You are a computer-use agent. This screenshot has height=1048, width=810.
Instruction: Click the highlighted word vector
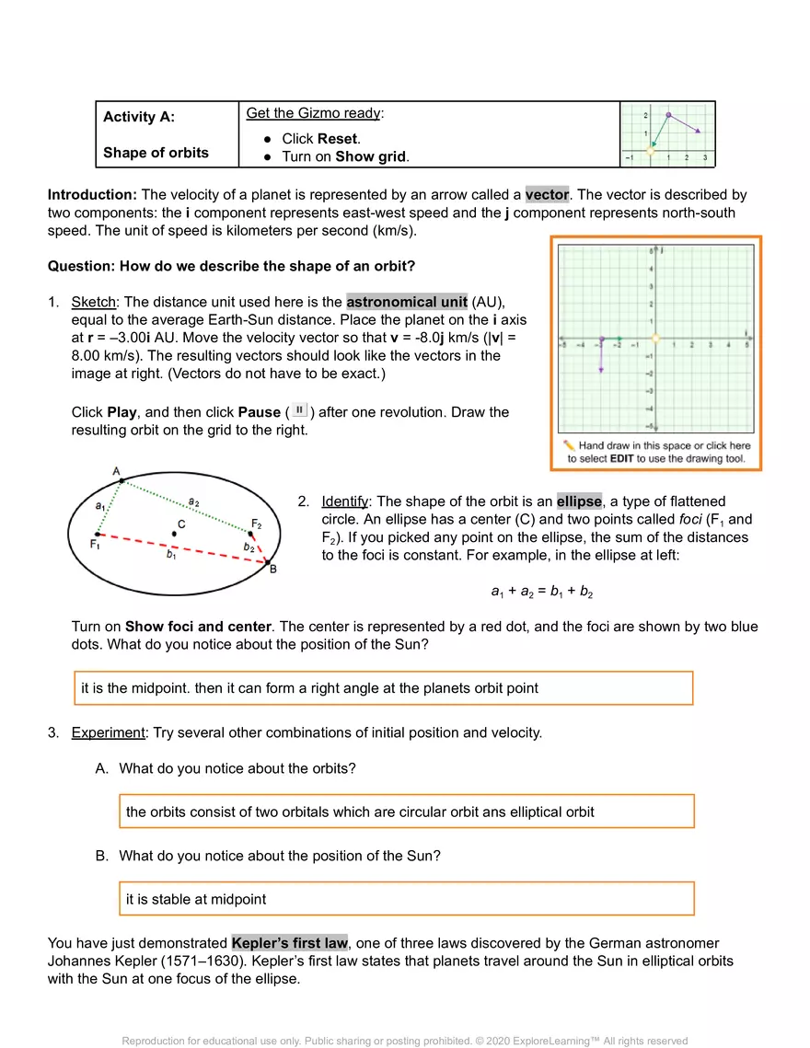[547, 195]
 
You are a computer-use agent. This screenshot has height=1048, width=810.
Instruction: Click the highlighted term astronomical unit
[407, 302]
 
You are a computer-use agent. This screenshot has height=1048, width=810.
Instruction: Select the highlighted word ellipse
[579, 501]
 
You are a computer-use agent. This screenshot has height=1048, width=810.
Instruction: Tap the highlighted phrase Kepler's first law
[289, 943]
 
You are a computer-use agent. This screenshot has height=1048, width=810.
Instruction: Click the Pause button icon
[300, 411]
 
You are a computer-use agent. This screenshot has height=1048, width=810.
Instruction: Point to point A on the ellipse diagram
[121, 481]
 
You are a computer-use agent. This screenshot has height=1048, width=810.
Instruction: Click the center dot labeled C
[176, 535]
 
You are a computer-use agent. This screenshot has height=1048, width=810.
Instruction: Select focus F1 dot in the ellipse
[98, 533]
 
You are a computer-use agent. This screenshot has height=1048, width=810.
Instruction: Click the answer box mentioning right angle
[383, 688]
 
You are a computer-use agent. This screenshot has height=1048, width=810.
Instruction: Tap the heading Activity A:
[139, 117]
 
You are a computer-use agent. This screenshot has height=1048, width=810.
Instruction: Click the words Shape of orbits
[156, 153]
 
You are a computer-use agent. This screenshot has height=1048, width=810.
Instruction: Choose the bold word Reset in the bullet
[338, 139]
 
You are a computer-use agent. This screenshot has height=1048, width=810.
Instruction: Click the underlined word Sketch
[93, 302]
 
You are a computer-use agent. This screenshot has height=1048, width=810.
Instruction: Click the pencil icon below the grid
[569, 445]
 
